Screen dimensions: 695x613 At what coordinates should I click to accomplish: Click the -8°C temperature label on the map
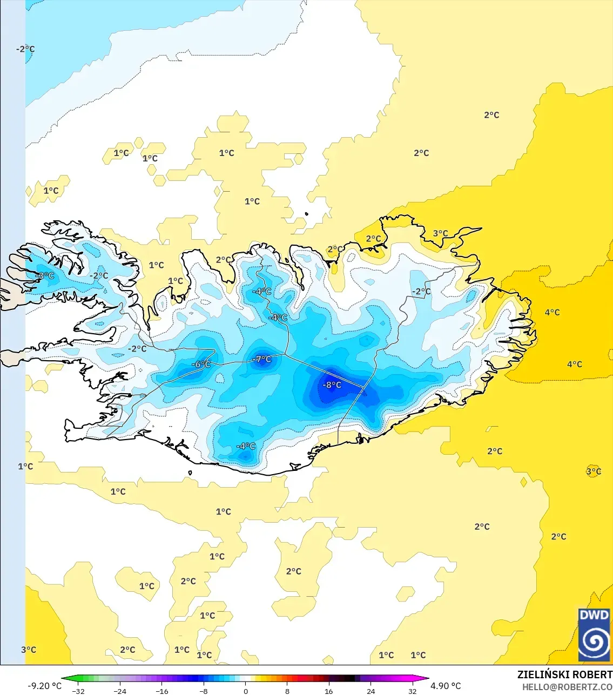coord(332,385)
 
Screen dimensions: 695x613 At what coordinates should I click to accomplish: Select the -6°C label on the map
coord(201,365)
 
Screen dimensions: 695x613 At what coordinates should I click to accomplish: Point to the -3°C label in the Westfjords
coord(45,276)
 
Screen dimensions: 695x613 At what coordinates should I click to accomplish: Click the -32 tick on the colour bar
coord(78,691)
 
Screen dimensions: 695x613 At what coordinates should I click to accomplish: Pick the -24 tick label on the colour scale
coord(120,691)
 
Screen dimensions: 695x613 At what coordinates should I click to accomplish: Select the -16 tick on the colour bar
coord(161,691)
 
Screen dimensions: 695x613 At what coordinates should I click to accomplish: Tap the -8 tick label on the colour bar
coord(203,691)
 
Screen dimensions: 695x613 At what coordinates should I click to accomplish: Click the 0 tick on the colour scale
coord(246,691)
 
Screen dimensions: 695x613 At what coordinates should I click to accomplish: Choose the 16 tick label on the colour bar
coord(329,691)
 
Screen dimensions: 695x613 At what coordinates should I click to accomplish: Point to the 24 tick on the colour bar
coord(371,691)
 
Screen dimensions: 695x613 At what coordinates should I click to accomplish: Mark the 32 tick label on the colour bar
coord(412,691)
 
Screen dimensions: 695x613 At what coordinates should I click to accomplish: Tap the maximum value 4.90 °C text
coord(446,686)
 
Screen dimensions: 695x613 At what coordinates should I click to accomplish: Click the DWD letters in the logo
coord(594,616)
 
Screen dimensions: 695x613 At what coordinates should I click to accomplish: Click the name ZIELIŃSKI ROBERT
coord(564,674)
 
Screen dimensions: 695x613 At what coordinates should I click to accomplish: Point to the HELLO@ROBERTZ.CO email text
coord(567,687)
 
